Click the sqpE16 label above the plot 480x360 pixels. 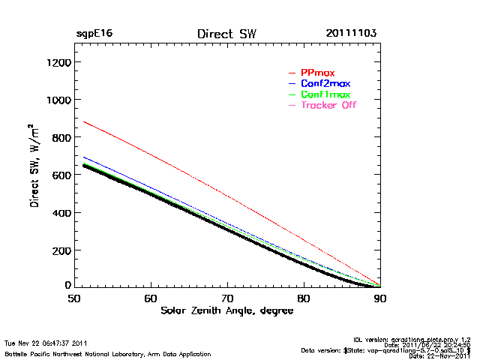94,34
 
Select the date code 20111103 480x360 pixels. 351,34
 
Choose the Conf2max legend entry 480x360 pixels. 325,83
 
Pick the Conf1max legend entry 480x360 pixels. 325,94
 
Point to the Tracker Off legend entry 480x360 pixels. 328,105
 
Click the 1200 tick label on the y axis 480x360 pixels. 58,62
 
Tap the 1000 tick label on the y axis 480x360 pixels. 58,100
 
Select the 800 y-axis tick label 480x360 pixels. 61,137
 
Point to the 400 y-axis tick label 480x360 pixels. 61,212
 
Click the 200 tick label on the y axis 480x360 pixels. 61,250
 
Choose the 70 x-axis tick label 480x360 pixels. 227,298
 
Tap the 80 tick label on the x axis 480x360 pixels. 304,298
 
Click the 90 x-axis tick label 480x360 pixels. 380,298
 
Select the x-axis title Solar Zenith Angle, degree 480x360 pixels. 226,310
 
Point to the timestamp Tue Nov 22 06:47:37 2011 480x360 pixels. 46,343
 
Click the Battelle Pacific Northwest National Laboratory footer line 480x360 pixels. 107,353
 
